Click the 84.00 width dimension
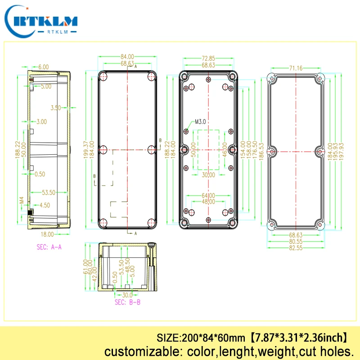point(127,57)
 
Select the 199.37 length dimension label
point(86,144)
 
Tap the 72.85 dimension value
point(208,58)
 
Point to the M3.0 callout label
point(200,121)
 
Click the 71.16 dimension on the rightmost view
point(296,68)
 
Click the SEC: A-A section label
point(49,247)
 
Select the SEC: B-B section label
point(127,302)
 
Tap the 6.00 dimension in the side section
point(44,67)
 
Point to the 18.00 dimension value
point(48,234)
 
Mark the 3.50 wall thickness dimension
point(55,108)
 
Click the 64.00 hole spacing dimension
point(208,196)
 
